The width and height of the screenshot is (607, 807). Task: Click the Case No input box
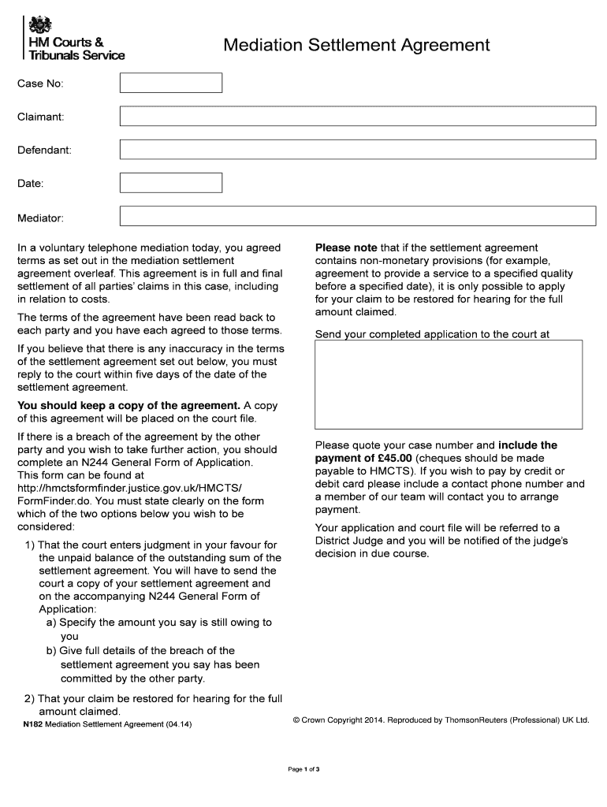tap(171, 83)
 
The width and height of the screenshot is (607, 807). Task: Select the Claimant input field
tap(357, 117)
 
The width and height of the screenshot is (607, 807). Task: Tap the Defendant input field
tap(357, 150)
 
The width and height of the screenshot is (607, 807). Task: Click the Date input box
tap(171, 183)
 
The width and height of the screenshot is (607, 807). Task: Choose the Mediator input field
tap(357, 216)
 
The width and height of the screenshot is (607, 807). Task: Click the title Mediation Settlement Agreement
tap(356, 46)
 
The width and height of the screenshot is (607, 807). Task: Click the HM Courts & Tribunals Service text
tap(76, 49)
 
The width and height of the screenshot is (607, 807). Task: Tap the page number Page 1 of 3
tap(303, 769)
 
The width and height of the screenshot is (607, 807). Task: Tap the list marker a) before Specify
tap(51, 622)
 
